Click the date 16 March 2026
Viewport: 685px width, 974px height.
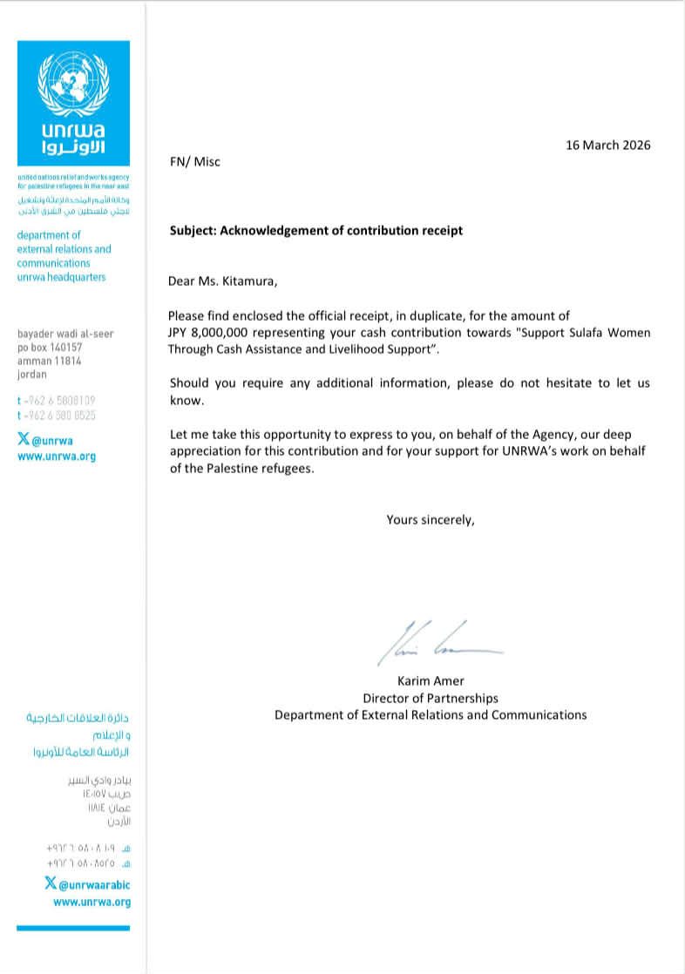pyautogui.click(x=607, y=145)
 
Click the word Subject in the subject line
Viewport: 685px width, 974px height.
pyautogui.click(x=192, y=231)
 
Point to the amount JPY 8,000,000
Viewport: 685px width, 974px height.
pyautogui.click(x=212, y=334)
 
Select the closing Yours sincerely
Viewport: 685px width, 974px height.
pyautogui.click(x=431, y=520)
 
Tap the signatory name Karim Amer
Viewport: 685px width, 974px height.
pyautogui.click(x=431, y=682)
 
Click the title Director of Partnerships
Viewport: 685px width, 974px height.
pyautogui.click(x=431, y=699)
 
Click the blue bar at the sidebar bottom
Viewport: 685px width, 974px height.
pyautogui.click(x=73, y=928)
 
